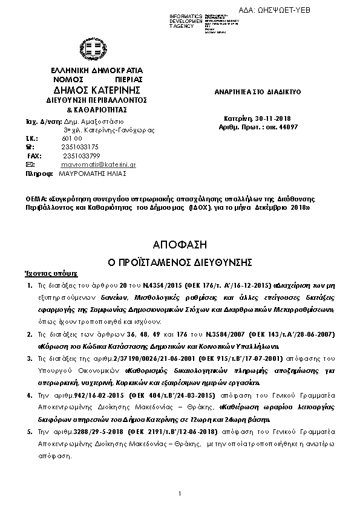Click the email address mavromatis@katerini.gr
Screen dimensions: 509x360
[x=98, y=164]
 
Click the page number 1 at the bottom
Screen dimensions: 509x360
[x=180, y=494]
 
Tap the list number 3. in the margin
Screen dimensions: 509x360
[x=30, y=358]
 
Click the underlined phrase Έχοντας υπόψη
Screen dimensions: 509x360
[x=45, y=272]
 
